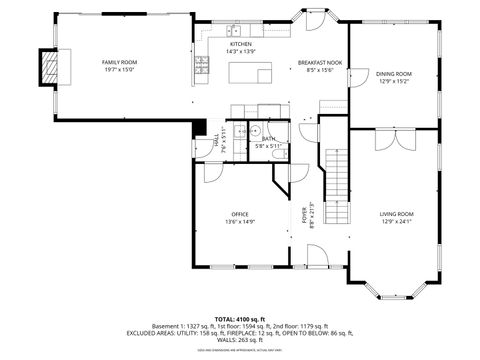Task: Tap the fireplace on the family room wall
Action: point(46,67)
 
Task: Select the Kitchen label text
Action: point(241,44)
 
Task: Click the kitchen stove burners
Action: point(203,65)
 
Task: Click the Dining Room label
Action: point(393,73)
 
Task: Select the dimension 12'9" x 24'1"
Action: point(396,222)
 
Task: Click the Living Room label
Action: point(396,214)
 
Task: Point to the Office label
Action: point(240,214)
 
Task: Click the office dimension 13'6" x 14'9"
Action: point(240,222)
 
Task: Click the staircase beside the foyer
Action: point(338,185)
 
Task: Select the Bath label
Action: point(269,139)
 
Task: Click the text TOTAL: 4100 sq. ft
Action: point(240,318)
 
